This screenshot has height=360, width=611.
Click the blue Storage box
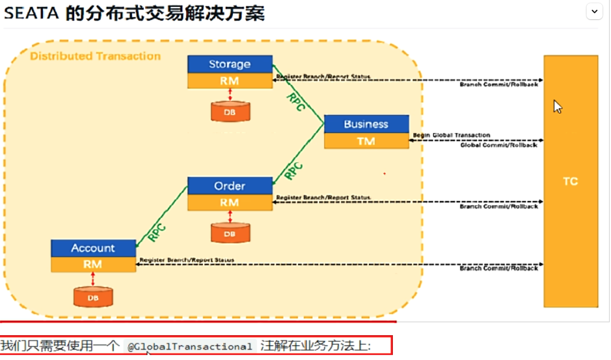230,64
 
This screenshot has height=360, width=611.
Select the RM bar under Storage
230,81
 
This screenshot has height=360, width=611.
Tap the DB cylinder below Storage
230,112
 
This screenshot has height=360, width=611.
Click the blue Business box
366,124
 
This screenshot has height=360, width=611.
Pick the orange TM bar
366,141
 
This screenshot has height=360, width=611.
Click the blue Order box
230,186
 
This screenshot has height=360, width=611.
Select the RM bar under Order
230,203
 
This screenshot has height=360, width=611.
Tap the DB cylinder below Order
230,234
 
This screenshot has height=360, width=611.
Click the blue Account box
93,248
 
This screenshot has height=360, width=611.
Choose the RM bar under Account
93,265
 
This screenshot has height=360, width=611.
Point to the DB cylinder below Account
93,297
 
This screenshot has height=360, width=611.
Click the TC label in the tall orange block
570,182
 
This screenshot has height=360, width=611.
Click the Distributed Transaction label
95,56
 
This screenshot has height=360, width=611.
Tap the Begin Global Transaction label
451,135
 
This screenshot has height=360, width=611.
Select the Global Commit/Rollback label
498,145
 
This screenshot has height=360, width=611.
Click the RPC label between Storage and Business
296,101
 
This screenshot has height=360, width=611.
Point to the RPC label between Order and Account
156,233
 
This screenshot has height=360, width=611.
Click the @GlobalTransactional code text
190,346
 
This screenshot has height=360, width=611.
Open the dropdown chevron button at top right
594,11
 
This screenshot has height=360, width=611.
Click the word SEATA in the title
31,13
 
